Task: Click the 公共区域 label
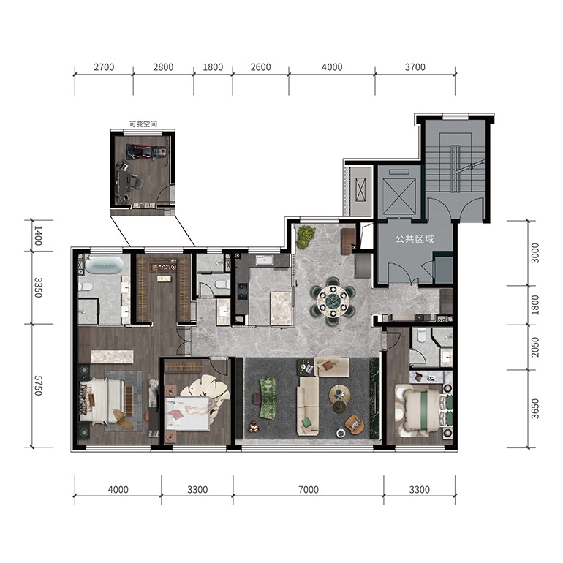[415, 239]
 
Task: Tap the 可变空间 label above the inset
[143, 124]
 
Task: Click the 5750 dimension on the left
[38, 385]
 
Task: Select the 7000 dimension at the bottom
[309, 489]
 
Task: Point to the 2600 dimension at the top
[261, 67]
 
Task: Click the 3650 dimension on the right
[535, 409]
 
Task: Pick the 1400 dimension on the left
[38, 235]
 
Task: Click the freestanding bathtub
[104, 265]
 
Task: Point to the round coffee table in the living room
[340, 394]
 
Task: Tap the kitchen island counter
[281, 309]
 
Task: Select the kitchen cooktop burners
[242, 291]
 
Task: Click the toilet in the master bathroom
[85, 287]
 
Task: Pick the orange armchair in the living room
[354, 423]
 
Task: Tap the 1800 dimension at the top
[213, 67]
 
